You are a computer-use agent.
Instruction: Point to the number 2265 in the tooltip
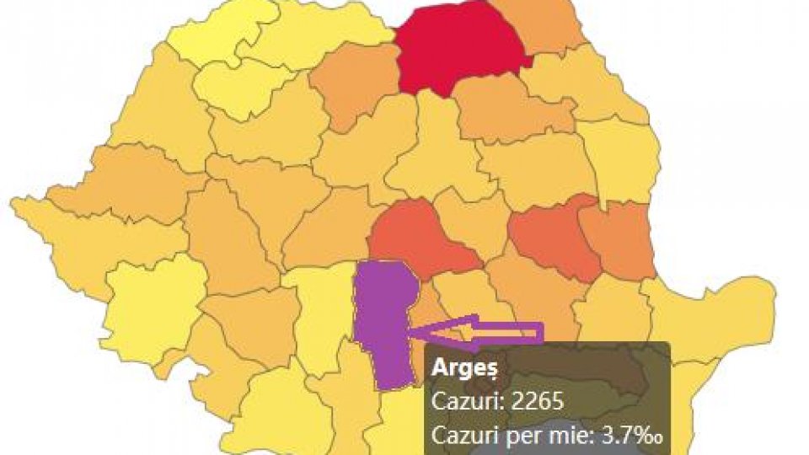[x=534, y=402]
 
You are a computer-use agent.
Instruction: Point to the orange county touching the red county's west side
[x=354, y=84]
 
